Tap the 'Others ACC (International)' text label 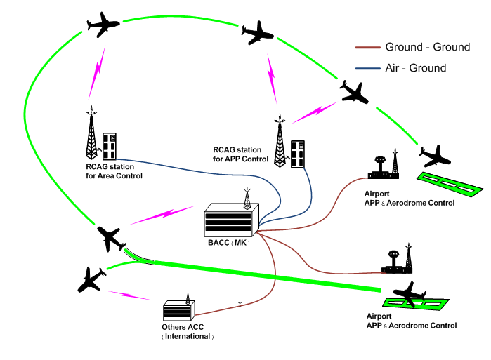tap(188, 332)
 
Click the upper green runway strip tap(450, 183)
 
